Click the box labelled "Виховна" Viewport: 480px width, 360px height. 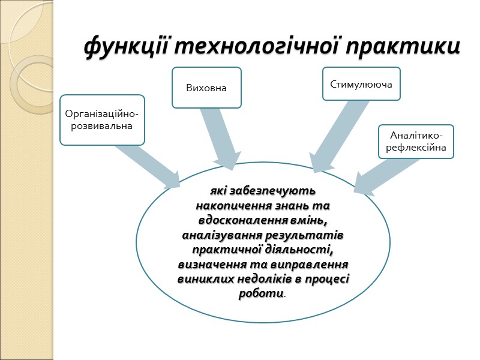click(206, 88)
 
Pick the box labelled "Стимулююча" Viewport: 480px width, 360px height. click(361, 84)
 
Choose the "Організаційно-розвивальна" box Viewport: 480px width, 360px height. click(102, 120)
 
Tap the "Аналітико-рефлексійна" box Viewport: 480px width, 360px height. click(416, 142)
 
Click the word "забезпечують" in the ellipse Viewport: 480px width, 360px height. click(278, 192)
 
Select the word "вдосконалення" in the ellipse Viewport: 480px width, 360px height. click(241, 220)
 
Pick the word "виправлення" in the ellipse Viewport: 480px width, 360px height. click(313, 264)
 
